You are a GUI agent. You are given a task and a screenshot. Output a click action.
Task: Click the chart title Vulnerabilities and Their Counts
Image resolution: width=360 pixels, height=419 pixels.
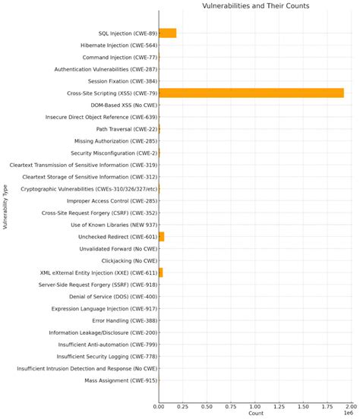coord(255,6)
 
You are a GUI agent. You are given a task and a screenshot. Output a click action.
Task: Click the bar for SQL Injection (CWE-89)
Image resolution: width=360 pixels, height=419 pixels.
coord(167,33)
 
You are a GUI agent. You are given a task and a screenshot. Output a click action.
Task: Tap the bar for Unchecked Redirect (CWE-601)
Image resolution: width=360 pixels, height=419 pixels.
coord(161,237)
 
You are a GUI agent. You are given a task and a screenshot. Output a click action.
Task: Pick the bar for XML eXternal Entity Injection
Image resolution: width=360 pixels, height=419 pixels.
coord(160,272)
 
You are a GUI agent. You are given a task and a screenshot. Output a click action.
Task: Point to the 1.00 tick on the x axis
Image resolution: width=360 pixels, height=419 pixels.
coord(255,406)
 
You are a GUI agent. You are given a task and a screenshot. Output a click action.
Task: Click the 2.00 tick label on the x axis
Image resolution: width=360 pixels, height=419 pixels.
coord(352,406)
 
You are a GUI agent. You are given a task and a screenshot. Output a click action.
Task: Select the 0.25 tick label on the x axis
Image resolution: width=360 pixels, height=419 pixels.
coord(183,406)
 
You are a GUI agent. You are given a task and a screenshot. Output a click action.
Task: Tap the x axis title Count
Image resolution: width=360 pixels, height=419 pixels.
coord(255,414)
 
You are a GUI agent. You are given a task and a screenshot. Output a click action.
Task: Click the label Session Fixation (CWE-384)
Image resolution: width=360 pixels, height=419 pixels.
coord(122,81)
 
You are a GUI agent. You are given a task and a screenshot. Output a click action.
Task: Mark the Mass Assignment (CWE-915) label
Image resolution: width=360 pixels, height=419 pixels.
coord(121,380)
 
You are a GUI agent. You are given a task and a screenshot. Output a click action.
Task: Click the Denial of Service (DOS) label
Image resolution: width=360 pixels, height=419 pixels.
coord(113,296)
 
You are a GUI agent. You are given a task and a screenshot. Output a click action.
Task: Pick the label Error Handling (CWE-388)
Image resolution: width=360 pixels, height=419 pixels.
coord(125,320)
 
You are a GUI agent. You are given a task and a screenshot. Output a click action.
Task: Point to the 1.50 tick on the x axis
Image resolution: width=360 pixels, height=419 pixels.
coord(304,406)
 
